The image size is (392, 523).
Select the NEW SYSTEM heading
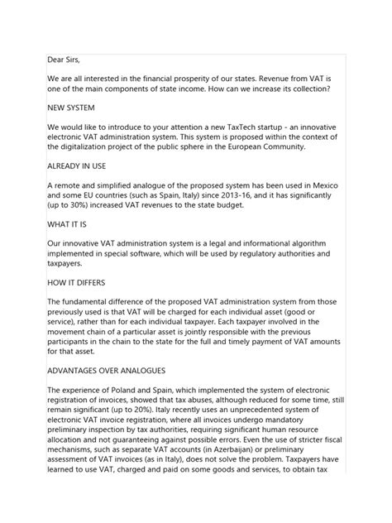(71, 107)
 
